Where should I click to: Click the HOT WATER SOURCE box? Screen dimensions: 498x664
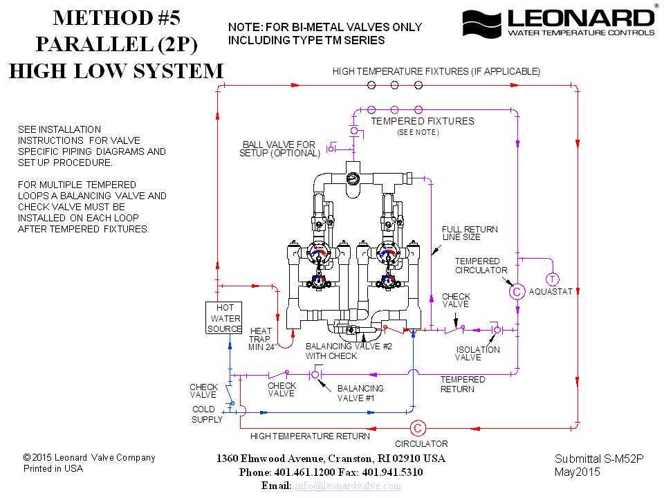[225, 318]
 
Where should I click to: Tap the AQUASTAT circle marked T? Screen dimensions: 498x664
[552, 279]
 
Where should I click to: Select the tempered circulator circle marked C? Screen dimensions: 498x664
[516, 292]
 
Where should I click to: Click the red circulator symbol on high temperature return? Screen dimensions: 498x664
[418, 428]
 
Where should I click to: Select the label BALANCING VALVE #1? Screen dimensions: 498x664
[360, 393]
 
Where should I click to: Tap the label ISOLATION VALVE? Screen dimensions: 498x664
[477, 353]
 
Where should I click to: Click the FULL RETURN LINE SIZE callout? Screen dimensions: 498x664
[470, 233]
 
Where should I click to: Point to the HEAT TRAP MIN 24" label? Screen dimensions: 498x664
[261, 339]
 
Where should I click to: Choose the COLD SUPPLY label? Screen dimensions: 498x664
[207, 414]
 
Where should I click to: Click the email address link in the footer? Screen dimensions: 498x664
[348, 486]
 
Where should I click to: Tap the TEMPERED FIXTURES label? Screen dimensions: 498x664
[423, 121]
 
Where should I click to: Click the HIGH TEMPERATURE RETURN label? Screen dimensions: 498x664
[310, 436]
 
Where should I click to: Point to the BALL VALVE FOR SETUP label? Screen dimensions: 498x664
[279, 149]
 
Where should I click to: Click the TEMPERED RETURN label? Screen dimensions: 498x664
[463, 384]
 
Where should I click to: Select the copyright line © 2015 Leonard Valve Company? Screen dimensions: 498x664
[89, 457]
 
